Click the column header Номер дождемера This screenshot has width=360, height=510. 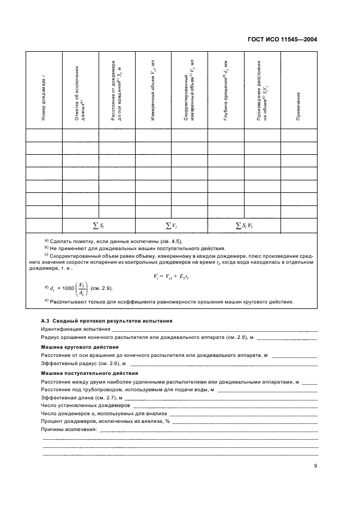43,90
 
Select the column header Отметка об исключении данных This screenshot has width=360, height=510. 80,90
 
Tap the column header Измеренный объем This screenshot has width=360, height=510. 152,90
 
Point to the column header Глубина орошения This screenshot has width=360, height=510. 225,90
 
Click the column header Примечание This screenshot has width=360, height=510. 298,90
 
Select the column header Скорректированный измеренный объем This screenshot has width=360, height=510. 189,90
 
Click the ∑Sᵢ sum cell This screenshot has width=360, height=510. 98,225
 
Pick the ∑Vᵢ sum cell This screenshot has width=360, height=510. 171,225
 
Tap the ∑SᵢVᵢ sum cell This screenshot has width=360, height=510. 244,225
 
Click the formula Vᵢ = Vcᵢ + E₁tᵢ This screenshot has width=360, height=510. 179,276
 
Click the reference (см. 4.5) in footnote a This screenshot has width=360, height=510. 170,241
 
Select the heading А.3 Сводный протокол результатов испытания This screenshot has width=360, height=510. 107,321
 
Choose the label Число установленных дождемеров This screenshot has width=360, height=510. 86,405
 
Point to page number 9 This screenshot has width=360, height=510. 315,465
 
